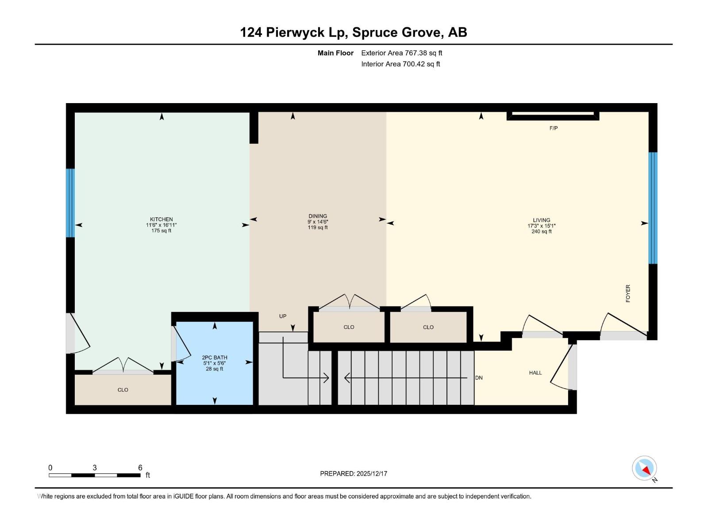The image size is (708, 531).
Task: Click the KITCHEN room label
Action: coord(161,219)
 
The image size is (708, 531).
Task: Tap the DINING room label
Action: coord(318,216)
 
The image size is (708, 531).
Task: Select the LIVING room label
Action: coord(541,220)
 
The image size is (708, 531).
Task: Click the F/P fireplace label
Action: coord(554,128)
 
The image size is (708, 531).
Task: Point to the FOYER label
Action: coord(627,293)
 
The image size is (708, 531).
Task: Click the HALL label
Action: coord(535,373)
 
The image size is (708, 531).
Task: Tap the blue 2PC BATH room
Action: coord(215,381)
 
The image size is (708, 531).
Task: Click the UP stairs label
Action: coord(283,316)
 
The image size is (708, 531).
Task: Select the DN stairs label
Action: coord(479,378)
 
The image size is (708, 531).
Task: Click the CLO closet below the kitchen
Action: coord(123,390)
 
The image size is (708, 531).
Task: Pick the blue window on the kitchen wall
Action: coord(70,203)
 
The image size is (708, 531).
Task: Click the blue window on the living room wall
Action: coord(653,208)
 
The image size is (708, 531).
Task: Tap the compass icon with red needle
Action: coord(644,468)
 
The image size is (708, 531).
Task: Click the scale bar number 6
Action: coord(140,468)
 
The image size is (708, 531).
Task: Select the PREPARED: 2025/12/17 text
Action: coord(354,473)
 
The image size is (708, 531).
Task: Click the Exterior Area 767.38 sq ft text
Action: coord(401,53)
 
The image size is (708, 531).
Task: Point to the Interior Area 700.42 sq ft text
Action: coord(400,64)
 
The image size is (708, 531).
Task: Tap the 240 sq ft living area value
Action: coord(541,231)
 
